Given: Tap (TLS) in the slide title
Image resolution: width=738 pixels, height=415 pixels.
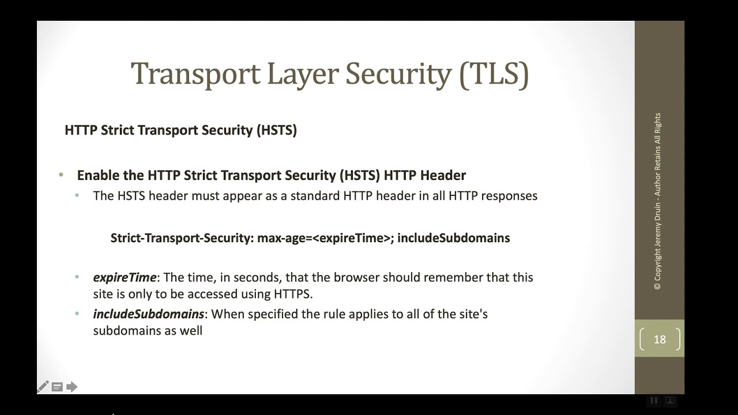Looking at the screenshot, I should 494,74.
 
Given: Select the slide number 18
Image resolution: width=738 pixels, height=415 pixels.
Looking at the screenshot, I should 660,339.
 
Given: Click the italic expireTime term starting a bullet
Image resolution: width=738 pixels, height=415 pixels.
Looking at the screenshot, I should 125,277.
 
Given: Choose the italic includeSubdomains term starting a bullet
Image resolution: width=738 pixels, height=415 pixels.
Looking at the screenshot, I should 148,314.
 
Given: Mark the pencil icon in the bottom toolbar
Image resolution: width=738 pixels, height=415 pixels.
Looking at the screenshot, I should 43,387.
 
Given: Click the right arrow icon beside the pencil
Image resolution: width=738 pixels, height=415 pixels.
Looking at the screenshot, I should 71,387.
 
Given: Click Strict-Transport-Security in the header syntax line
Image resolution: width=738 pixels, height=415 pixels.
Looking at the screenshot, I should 180,237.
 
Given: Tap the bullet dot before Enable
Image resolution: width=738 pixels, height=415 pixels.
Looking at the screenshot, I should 61,175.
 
